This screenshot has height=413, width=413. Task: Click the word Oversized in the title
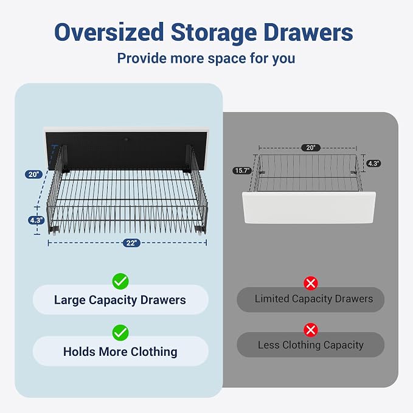point(109,32)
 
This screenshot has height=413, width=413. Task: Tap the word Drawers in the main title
point(308,32)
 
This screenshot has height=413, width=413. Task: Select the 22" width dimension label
point(131,243)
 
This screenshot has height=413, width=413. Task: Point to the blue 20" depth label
point(33,174)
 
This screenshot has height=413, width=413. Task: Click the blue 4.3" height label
point(36,220)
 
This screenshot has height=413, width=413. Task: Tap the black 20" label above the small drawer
point(311,147)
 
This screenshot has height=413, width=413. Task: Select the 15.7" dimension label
point(242,171)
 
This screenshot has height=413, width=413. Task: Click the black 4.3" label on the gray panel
point(373,163)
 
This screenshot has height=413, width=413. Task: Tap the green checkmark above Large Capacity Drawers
point(120,281)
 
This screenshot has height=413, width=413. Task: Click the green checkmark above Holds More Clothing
point(120,333)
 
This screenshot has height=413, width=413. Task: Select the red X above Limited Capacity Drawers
point(311,283)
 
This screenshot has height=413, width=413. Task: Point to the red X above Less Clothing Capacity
point(311,330)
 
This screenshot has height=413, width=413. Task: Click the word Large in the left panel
point(69,300)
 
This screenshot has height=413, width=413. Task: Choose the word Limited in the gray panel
point(271,299)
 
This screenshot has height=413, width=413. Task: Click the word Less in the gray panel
point(268,345)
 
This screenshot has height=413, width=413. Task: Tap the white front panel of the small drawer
point(309,207)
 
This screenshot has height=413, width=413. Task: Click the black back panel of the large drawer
point(127,150)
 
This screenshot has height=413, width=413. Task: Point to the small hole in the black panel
point(127,139)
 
